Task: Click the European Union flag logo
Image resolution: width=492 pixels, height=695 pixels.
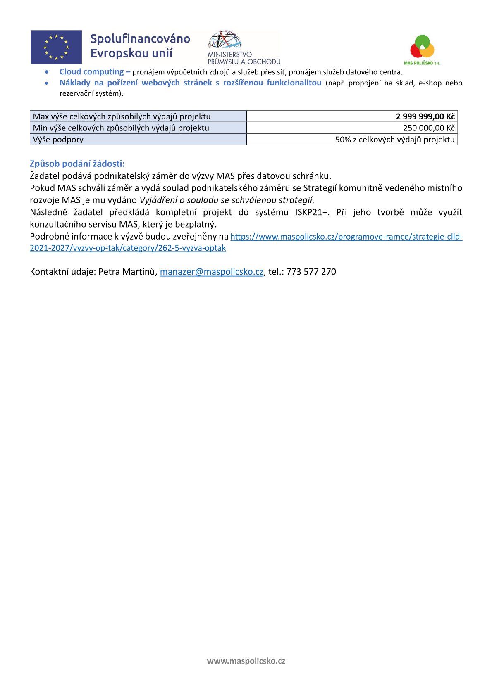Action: pyautogui.click(x=56, y=47)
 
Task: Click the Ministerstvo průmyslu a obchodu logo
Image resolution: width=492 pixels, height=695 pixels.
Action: pyautogui.click(x=244, y=47)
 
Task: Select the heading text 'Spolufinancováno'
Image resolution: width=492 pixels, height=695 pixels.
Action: pyautogui.click(x=140, y=39)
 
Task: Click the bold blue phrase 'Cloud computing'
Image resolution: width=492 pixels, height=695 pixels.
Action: pyautogui.click(x=91, y=72)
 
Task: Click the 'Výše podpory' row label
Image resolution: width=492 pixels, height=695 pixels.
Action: pyautogui.click(x=58, y=140)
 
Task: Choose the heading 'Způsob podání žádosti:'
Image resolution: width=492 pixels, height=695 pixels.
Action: pyautogui.click(x=77, y=164)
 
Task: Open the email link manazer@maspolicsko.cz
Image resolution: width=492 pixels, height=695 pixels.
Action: pyautogui.click(x=211, y=272)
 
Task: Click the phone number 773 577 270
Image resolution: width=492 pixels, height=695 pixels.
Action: pyautogui.click(x=311, y=272)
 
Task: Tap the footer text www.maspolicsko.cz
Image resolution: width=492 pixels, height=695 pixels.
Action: pyautogui.click(x=246, y=661)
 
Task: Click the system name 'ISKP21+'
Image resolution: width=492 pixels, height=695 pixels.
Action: pyautogui.click(x=312, y=212)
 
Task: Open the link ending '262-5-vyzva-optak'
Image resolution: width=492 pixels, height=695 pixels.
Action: pyautogui.click(x=128, y=248)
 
